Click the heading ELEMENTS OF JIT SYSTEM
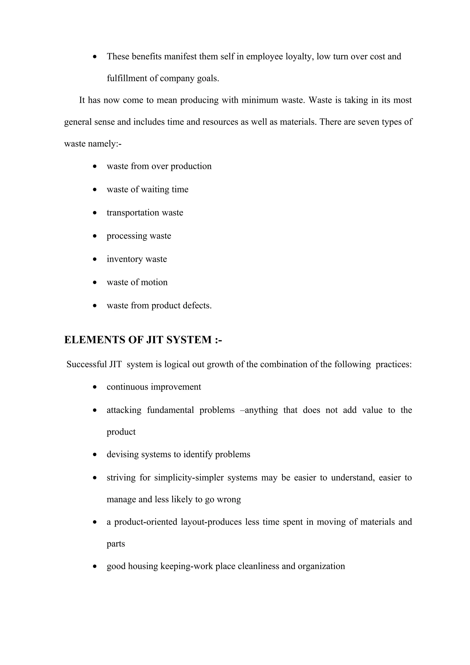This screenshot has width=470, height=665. pyautogui.click(x=143, y=340)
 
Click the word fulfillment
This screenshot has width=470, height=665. pyautogui.click(x=127, y=78)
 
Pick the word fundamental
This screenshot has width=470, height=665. pyautogui.click(x=170, y=410)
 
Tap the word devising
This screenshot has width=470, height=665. pyautogui.click(x=123, y=454)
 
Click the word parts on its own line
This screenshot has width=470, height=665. pyautogui.click(x=116, y=544)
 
